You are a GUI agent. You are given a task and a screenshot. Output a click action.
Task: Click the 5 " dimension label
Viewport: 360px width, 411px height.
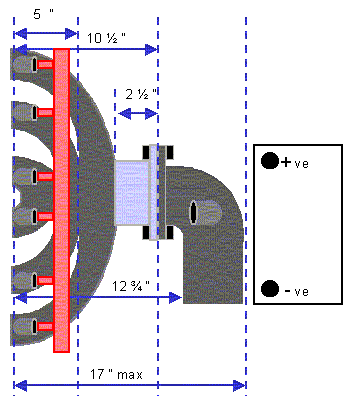pyautogui.click(x=43, y=14)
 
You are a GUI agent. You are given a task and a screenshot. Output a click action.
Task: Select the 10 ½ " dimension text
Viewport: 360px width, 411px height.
pyautogui.click(x=106, y=38)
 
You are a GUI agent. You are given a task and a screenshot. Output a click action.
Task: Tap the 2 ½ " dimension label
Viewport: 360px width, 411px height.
pyautogui.click(x=141, y=95)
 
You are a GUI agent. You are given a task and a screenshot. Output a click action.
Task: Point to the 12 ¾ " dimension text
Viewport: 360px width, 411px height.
pyautogui.click(x=131, y=286)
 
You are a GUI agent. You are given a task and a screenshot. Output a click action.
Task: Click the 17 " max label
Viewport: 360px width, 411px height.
pyautogui.click(x=116, y=374)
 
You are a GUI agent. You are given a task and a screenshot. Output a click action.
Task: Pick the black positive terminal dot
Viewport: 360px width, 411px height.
pyautogui.click(x=270, y=161)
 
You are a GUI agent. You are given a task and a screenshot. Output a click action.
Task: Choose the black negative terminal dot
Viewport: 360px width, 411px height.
pyautogui.click(x=270, y=288)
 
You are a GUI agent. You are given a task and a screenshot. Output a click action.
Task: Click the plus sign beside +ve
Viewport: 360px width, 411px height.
pyautogui.click(x=286, y=162)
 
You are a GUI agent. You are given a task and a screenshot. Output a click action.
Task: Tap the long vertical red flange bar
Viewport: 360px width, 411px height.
pyautogui.click(x=62, y=200)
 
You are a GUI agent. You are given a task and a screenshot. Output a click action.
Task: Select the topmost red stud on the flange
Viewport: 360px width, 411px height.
pyautogui.click(x=45, y=64)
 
